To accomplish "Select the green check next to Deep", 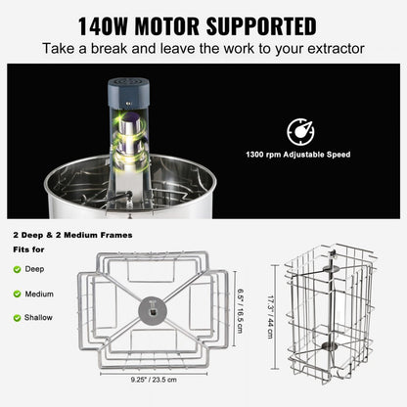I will (16, 267).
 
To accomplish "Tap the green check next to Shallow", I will (16, 316).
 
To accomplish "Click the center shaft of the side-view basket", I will (336, 313).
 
